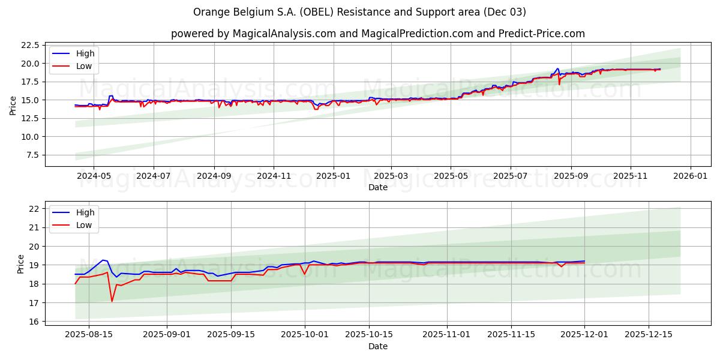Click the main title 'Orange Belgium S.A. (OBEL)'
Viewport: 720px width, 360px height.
(359, 12)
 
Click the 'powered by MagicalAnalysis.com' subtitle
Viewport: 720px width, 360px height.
(377, 34)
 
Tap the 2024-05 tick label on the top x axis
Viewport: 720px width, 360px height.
(94, 176)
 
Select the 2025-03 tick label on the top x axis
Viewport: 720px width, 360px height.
(391, 176)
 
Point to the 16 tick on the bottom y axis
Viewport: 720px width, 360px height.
(34, 322)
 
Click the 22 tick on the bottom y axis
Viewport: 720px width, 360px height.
(34, 208)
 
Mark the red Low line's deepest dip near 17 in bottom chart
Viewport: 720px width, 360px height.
(112, 301)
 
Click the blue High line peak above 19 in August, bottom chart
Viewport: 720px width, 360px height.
(103, 260)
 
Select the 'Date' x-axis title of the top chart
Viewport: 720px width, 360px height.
(377, 187)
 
